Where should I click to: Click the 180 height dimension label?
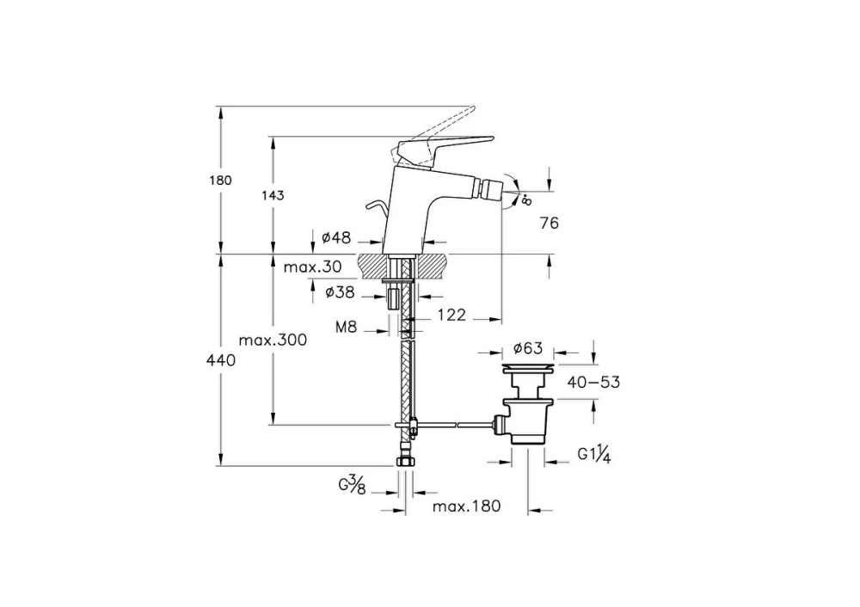(x=220, y=181)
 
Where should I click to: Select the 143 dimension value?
(x=273, y=195)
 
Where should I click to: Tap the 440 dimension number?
(x=220, y=360)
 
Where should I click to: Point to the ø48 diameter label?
(x=335, y=237)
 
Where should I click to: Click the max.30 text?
(x=313, y=267)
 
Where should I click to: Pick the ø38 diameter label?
(x=340, y=292)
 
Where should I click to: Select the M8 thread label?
(x=346, y=328)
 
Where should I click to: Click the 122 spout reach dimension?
(x=451, y=315)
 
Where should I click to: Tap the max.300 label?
(x=273, y=340)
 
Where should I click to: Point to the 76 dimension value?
(x=549, y=224)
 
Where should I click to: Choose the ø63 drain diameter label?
(x=528, y=348)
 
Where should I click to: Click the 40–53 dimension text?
(x=593, y=382)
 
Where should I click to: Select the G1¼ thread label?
(x=594, y=455)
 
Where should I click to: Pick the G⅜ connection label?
(x=352, y=486)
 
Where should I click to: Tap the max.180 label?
(x=467, y=506)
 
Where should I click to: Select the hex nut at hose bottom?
(x=405, y=461)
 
